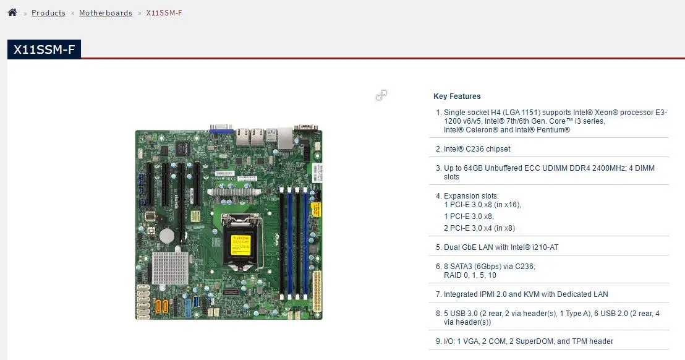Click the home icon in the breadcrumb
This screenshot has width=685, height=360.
click(12, 12)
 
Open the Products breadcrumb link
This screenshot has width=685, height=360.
click(48, 13)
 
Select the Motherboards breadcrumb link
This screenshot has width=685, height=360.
click(106, 13)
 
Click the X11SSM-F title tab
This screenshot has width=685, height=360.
click(44, 49)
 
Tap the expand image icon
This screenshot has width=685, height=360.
click(381, 95)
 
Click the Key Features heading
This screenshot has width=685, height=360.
click(457, 96)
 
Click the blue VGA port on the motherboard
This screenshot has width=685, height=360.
click(220, 129)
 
